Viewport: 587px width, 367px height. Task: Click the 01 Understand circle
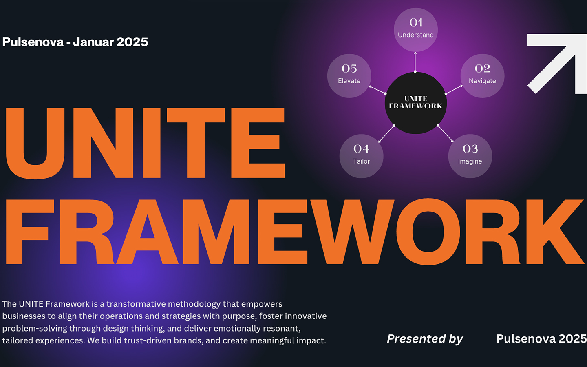[x=416, y=30]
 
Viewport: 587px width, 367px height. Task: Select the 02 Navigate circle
[x=483, y=76]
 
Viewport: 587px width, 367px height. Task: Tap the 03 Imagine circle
[x=470, y=156]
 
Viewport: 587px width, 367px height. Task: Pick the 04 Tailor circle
[x=361, y=156]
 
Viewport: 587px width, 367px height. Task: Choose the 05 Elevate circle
[x=349, y=76]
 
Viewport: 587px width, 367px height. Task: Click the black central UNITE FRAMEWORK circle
[x=416, y=103]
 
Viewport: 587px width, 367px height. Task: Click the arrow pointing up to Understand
[x=415, y=62]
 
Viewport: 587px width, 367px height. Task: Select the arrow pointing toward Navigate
[x=454, y=89]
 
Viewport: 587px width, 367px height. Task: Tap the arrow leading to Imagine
[x=446, y=134]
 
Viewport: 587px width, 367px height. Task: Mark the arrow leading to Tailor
[x=386, y=134]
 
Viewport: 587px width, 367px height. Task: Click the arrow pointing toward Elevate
[x=377, y=90]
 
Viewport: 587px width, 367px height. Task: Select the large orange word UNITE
[x=145, y=144]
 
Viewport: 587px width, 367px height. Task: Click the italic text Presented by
[x=425, y=339]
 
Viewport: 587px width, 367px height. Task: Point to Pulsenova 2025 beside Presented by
[x=541, y=339]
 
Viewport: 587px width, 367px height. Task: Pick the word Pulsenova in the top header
[x=33, y=42]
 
